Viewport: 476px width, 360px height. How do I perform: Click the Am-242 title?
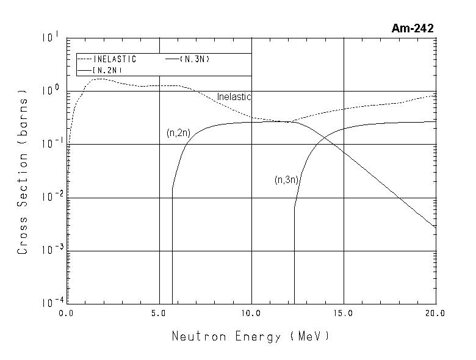click(x=413, y=28)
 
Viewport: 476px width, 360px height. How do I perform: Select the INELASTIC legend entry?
click(x=115, y=59)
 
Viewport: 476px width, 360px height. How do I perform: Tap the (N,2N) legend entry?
click(x=107, y=71)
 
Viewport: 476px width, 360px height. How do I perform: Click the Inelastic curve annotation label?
click(x=234, y=97)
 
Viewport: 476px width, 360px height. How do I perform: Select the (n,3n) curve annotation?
click(x=286, y=180)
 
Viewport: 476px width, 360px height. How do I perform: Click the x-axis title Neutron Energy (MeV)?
click(x=250, y=336)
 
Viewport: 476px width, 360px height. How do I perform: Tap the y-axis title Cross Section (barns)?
click(x=23, y=175)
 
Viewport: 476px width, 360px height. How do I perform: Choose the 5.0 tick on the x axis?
click(x=159, y=313)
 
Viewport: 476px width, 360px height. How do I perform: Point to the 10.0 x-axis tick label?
click(x=251, y=313)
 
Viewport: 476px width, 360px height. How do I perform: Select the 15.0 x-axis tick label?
click(x=343, y=313)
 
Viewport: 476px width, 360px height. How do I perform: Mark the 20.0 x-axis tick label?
click(x=435, y=313)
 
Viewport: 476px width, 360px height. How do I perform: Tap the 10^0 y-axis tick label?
click(x=50, y=92)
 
